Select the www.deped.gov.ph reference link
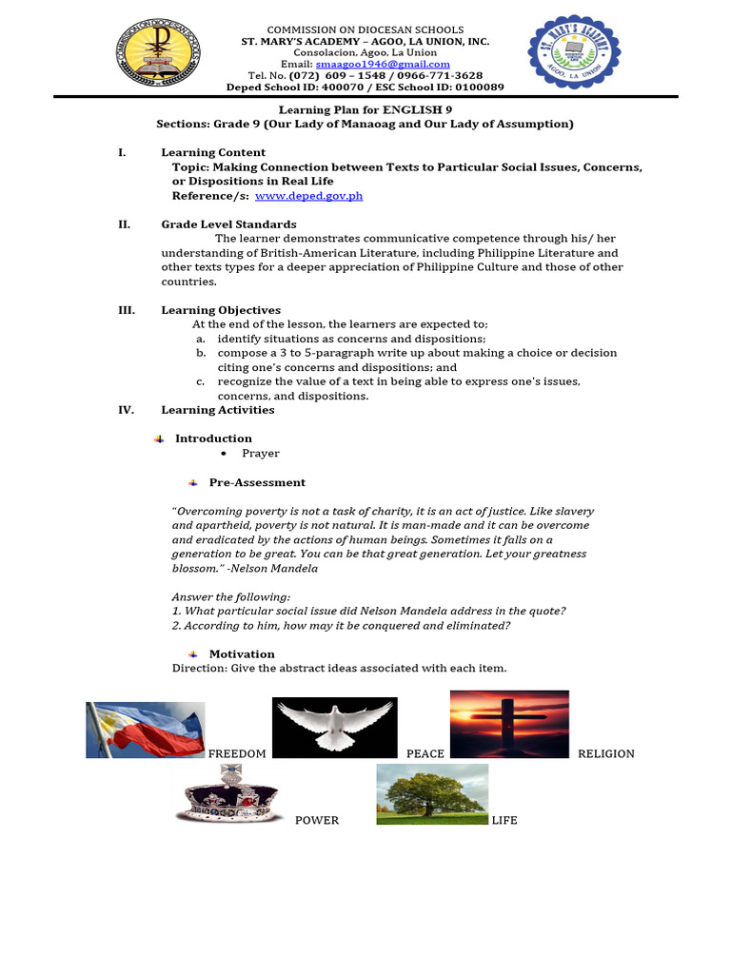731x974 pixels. coord(308,196)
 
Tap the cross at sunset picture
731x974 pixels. coord(509,724)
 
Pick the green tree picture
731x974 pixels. coord(432,793)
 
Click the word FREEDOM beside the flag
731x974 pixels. coord(237,753)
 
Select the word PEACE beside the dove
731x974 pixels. coord(425,753)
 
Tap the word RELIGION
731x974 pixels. coord(605,753)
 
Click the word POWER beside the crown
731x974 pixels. coord(317,820)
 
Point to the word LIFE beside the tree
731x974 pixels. coord(504,820)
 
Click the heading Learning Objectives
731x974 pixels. coord(221,310)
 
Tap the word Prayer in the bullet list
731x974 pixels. coord(261,454)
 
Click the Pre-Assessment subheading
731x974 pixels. coord(257,482)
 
